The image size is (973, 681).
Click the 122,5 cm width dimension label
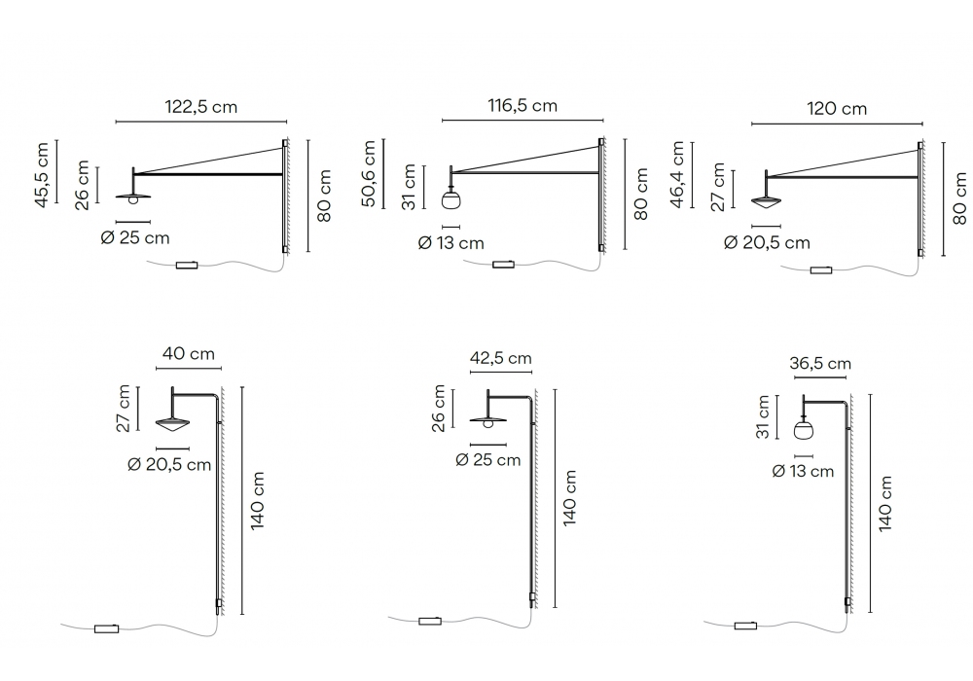coord(201,107)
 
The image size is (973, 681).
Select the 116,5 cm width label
coord(523,105)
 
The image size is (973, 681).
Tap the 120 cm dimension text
coord(837,109)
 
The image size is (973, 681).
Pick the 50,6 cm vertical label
coord(368,173)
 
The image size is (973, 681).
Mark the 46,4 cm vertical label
coord(677,174)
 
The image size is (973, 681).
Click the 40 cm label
coord(189,354)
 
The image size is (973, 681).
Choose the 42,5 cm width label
coord(501,358)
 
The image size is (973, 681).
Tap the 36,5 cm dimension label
coord(819,364)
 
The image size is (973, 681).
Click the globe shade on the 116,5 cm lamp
coord(451,199)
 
